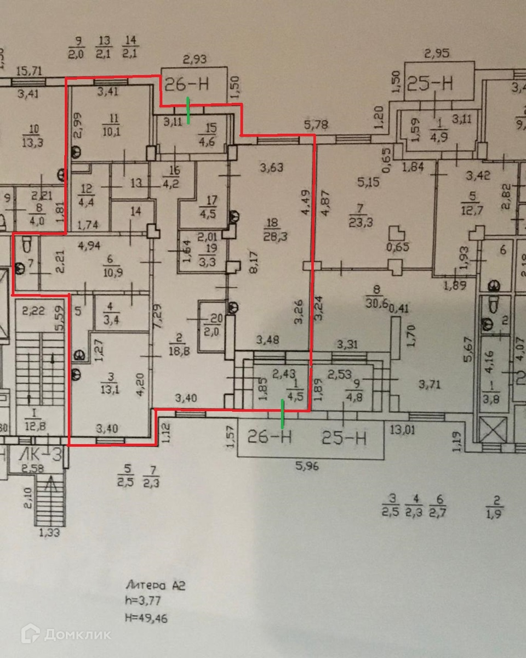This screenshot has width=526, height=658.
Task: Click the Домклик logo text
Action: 77,634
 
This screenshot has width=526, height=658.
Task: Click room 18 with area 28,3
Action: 271,228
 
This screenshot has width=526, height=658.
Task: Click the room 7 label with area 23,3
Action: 360,215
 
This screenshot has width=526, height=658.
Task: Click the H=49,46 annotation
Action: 146,619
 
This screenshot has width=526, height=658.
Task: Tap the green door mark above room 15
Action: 188,110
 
